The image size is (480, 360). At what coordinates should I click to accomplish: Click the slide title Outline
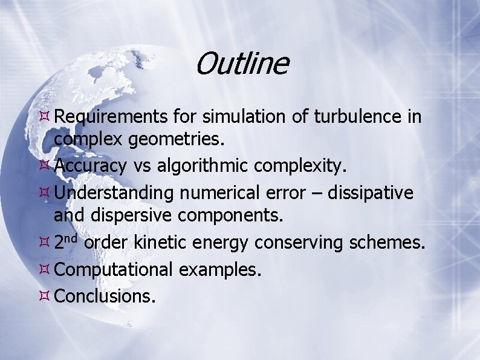point(242,64)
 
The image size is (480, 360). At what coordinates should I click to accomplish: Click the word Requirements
point(111,116)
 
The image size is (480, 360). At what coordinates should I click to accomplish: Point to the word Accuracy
point(91,165)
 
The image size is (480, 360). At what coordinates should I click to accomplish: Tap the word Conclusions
point(105,296)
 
